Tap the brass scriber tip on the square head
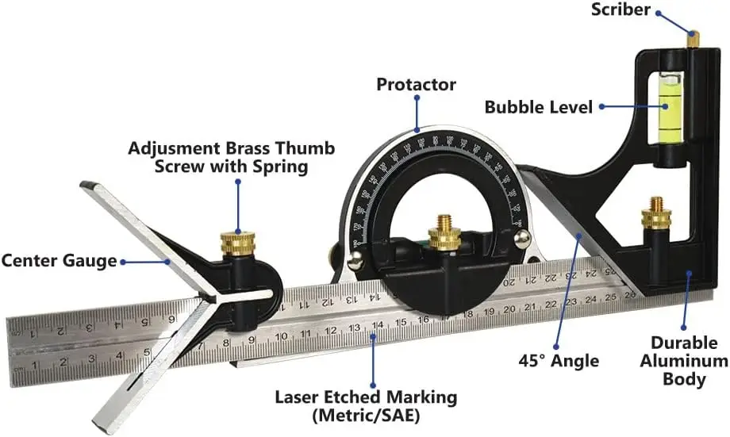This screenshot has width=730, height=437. [693, 37]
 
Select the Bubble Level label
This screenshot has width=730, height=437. [539, 106]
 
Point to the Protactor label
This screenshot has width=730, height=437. [416, 84]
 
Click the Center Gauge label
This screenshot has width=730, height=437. [59, 259]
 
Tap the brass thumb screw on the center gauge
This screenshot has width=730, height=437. [236, 240]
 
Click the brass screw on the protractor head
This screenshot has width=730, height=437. [444, 235]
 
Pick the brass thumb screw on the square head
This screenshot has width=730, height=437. [655, 213]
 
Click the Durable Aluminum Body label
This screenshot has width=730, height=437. [684, 361]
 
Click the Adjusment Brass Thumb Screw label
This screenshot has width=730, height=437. [232, 148]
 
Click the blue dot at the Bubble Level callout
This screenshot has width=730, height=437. [602, 106]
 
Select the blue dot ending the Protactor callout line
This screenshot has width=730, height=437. [416, 129]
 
